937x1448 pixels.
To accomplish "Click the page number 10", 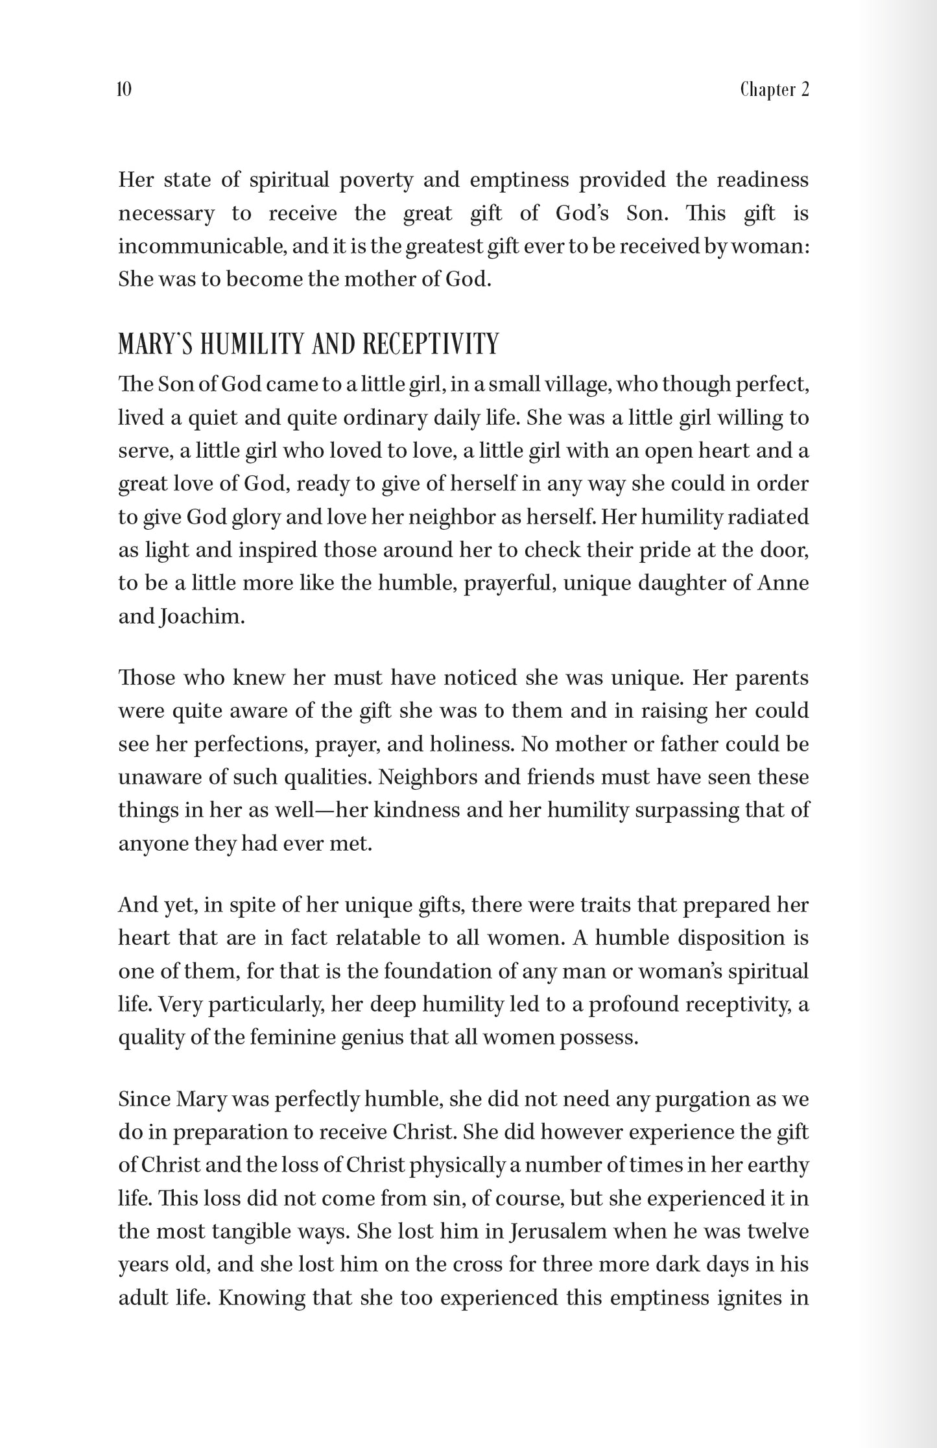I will [125, 90].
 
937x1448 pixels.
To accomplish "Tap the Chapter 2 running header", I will [774, 90].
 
